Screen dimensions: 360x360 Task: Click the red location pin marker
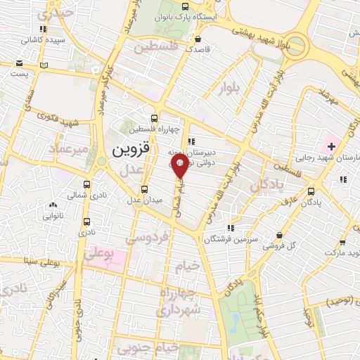coord(179,167)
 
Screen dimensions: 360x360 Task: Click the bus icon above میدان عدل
coord(145,189)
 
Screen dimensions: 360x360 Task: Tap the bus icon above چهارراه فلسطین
coord(155,117)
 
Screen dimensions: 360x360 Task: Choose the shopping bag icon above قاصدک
coord(198,39)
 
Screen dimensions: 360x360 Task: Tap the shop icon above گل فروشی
coord(281,236)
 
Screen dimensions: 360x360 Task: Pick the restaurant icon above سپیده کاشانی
coord(44,29)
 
